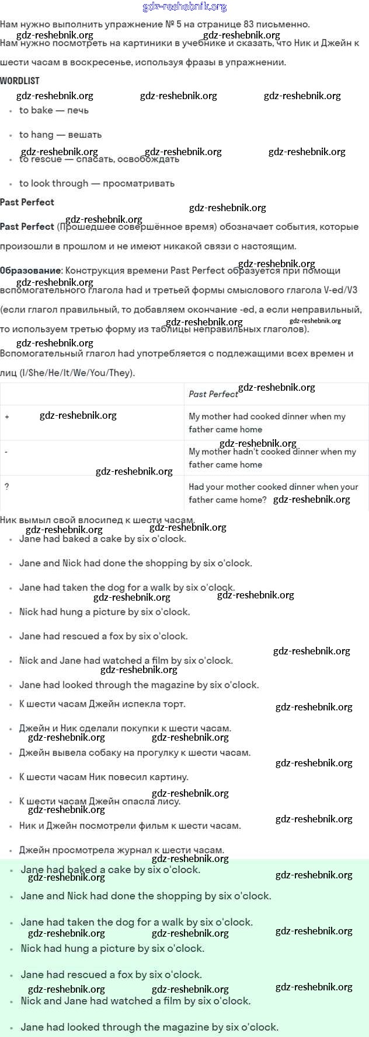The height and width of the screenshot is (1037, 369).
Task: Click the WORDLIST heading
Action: point(20,81)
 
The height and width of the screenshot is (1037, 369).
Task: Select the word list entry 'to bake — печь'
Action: point(54,110)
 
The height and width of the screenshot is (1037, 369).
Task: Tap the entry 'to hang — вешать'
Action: point(60,135)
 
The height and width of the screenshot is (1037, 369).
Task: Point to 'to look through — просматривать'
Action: point(96,184)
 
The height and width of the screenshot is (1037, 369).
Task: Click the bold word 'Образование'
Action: point(30,271)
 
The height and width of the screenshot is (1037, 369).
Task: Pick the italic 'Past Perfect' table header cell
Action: point(213,394)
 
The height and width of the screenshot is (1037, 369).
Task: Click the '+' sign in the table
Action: point(7,417)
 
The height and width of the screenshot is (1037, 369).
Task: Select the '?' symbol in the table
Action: point(7,486)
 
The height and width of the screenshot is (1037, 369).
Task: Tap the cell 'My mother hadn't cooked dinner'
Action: point(272,458)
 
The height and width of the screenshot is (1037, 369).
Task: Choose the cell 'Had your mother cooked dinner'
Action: point(273,493)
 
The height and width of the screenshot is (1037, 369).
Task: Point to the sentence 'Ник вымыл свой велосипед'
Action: point(96,520)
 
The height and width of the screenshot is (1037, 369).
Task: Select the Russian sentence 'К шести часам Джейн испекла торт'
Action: point(102,704)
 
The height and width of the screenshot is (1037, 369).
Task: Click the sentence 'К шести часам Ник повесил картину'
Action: point(103,777)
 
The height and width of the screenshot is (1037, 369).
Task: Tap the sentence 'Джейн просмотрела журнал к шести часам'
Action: point(121,850)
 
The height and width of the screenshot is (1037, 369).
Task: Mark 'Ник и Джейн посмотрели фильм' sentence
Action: point(130,825)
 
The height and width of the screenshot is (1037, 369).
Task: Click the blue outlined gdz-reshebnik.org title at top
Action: point(184,7)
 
